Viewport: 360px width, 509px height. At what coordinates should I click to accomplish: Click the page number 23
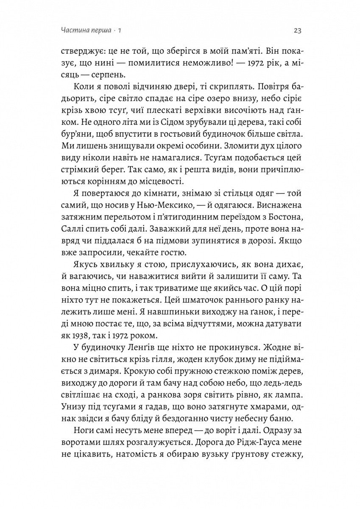[x=297, y=31]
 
